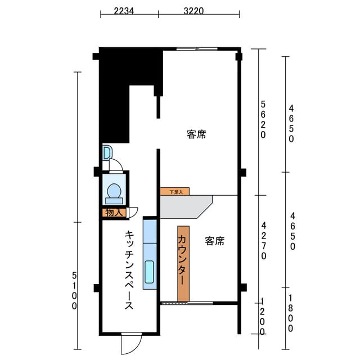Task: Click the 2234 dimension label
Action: [124, 11]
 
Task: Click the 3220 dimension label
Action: [193, 11]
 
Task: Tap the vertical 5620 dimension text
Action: [263, 120]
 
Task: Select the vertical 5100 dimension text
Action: [74, 291]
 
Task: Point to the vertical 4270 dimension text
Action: [264, 241]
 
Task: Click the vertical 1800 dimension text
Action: [290, 313]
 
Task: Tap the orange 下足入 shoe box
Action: [175, 191]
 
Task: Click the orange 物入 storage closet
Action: [114, 213]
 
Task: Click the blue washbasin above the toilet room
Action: [107, 152]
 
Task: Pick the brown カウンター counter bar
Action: [183, 264]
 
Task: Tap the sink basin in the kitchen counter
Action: [149, 272]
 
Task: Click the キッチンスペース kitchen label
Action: [129, 270]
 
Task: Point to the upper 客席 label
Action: [196, 134]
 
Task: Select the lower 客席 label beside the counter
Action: [215, 241]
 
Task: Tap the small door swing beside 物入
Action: [133, 212]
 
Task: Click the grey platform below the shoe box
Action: [186, 206]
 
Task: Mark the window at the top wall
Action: [197, 49]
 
